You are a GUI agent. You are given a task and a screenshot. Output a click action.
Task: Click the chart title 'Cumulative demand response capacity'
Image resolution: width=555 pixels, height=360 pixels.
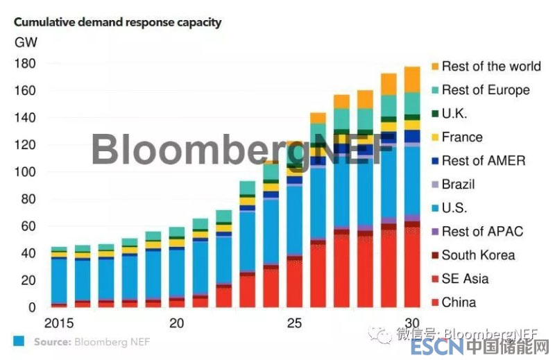(117, 22)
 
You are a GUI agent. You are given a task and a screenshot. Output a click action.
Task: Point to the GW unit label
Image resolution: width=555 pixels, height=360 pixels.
(26, 42)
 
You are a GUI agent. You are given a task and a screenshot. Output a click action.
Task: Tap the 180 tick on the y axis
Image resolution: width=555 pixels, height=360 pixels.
(25, 64)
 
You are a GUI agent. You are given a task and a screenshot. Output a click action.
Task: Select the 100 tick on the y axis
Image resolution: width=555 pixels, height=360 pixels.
(25, 172)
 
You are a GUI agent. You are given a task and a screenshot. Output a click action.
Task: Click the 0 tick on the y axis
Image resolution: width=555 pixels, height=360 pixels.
(31, 307)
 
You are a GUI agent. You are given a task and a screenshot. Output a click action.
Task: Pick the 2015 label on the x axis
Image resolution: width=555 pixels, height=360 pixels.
(59, 323)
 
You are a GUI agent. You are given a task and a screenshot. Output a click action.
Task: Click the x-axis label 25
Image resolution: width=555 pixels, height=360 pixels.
(295, 323)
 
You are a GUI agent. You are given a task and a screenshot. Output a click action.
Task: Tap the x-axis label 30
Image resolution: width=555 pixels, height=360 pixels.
(412, 323)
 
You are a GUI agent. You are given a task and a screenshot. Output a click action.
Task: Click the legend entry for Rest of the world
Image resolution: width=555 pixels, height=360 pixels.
(490, 67)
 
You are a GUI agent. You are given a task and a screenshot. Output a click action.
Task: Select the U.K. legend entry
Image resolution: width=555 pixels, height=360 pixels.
(454, 114)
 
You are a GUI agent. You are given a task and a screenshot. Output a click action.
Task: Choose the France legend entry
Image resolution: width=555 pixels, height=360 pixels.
(461, 137)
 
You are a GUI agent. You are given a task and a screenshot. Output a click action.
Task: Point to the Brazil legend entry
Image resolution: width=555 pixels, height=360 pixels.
(458, 185)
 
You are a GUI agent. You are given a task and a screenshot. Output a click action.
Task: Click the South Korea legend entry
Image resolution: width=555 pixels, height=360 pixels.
(478, 255)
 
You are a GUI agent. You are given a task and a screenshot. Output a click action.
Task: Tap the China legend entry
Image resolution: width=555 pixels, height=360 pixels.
(459, 302)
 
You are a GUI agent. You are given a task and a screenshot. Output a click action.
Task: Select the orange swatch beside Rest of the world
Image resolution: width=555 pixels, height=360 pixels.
(434, 67)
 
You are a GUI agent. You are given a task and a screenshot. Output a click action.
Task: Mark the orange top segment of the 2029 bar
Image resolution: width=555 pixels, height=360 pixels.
(388, 84)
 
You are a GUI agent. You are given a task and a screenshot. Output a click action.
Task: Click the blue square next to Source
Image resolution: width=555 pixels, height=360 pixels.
(19, 341)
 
